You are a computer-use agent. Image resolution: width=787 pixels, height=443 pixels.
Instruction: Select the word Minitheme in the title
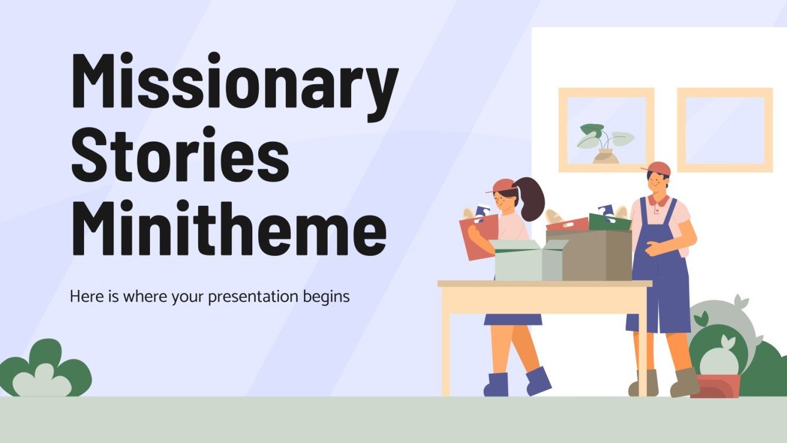click(x=228, y=227)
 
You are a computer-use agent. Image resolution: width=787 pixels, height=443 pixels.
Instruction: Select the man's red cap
click(x=658, y=169)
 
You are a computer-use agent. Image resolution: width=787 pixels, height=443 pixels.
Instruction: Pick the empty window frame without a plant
click(x=725, y=130)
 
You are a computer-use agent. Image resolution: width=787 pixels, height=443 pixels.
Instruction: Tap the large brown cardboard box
click(x=595, y=256)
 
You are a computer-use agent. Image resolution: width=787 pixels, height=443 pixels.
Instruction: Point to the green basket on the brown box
click(x=609, y=222)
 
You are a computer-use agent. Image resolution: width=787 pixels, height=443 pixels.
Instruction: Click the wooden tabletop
click(x=545, y=284)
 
